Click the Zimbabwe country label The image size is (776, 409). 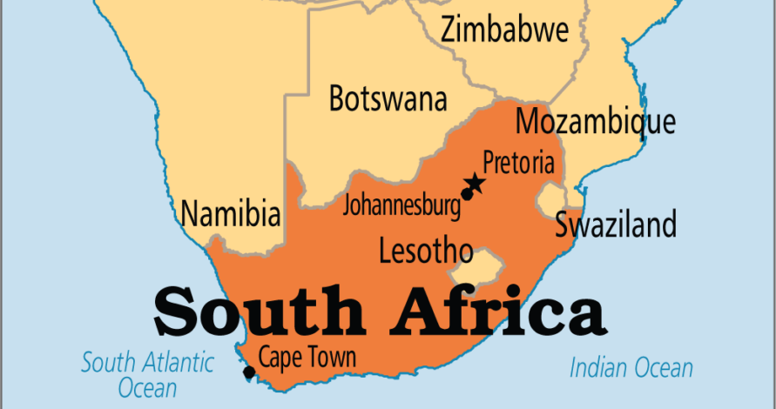point(504,30)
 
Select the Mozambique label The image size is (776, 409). point(596,122)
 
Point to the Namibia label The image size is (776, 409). point(231,213)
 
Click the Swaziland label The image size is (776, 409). point(616,225)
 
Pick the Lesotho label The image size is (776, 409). point(426,251)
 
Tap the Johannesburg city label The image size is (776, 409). point(401,206)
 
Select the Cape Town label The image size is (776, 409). point(307,357)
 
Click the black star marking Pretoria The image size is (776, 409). point(475,183)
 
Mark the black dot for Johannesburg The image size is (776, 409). point(467,194)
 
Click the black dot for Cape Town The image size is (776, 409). point(249,372)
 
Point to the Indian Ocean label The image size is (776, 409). point(631,368)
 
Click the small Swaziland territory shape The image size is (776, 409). point(550,200)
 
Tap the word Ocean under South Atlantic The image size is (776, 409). point(147,387)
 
